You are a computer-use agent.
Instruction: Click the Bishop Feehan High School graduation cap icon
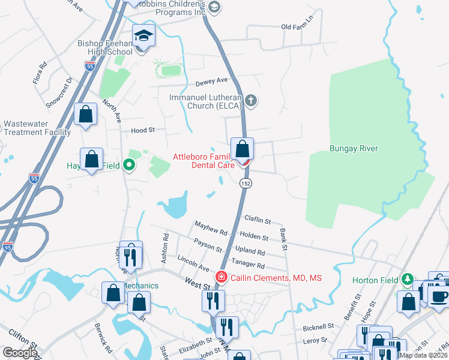(x=143, y=37)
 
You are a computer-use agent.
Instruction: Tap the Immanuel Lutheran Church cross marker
(x=252, y=101)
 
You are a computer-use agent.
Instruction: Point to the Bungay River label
(x=353, y=148)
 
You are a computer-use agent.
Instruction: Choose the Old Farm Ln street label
(x=297, y=27)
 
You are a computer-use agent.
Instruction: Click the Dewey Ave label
(x=212, y=80)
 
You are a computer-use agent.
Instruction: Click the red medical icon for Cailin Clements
(x=221, y=277)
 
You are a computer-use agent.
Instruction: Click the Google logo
(x=19, y=353)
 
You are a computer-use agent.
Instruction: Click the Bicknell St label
(x=318, y=327)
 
